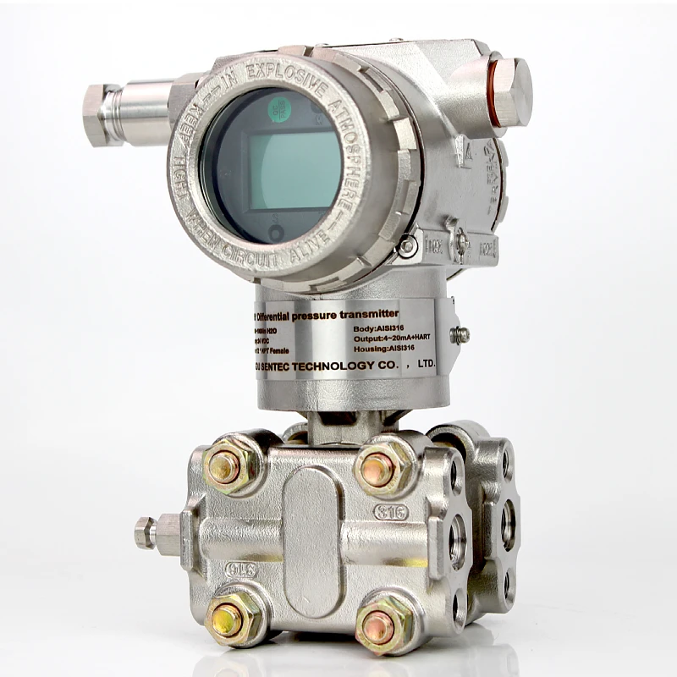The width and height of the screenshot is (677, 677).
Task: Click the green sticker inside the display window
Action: click(x=279, y=108)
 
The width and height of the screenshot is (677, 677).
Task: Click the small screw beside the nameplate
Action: click(x=460, y=334)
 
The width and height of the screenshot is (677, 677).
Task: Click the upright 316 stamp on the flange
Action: click(x=390, y=512)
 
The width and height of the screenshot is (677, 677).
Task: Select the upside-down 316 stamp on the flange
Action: click(x=243, y=570)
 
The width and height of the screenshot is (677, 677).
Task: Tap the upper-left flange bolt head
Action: click(x=225, y=467)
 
